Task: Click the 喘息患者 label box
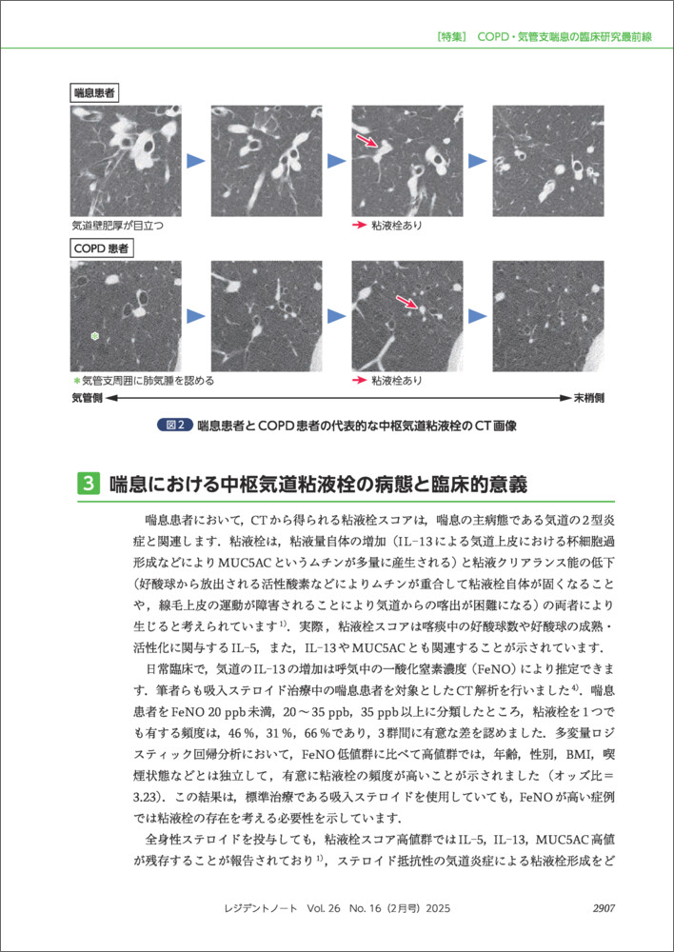coord(97,92)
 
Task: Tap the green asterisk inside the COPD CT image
coord(93,336)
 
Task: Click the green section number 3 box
coord(86,483)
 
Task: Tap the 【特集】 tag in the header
coord(447,37)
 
